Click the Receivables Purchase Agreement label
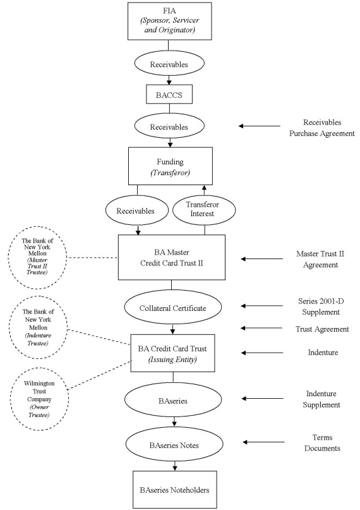[322, 128]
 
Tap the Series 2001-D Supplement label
[321, 307]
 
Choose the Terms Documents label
[322, 442]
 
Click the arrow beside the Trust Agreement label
[261, 328]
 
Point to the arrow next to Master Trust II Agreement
[261, 259]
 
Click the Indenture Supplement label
[321, 399]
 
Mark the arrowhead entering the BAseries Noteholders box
[175, 468]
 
